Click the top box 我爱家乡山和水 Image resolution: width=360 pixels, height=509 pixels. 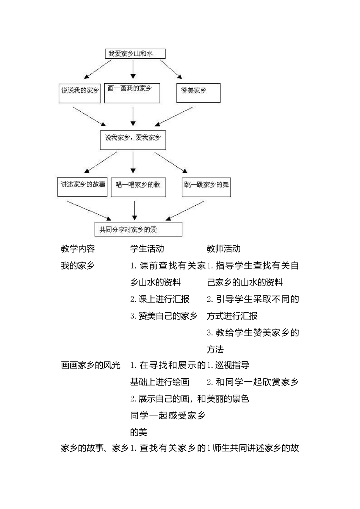pos(135,54)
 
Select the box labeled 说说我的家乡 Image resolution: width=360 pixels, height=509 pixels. pos(80,93)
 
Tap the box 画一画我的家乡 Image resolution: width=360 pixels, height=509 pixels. pos(132,93)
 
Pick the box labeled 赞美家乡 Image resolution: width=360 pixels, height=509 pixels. pos(198,93)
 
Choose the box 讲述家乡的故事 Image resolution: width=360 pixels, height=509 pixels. pos(82,187)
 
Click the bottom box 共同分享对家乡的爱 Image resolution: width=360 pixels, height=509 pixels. pos(138,230)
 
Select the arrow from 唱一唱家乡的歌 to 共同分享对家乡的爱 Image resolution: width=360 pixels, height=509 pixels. pos(135,210)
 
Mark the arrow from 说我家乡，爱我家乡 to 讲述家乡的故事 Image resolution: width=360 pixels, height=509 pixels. pos(102,162)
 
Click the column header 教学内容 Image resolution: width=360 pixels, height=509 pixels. pos(78,249)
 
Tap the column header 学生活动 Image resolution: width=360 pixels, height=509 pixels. pos(147,249)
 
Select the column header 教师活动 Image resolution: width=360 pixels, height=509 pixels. pos(224,249)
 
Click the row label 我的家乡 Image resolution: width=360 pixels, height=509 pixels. pos(78,266)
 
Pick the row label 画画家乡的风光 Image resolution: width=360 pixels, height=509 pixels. pos(91,365)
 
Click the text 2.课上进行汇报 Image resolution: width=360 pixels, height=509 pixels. pos(160,299)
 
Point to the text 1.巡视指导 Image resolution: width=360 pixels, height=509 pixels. pos(228,365)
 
